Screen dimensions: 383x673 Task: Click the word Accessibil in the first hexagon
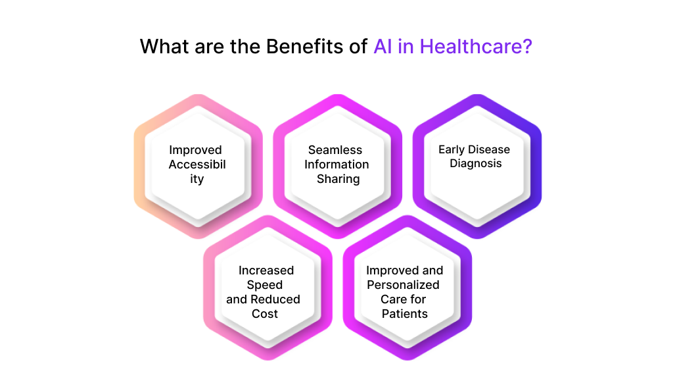(197, 165)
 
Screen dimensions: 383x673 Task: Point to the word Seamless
(335, 150)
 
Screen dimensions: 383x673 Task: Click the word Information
(336, 165)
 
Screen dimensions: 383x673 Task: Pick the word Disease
(490, 149)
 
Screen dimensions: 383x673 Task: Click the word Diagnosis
(475, 164)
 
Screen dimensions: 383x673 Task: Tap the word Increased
(266, 270)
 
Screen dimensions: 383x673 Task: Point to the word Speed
(265, 285)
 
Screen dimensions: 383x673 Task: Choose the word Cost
(265, 314)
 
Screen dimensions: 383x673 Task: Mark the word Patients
(405, 314)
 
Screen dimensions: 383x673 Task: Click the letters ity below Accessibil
(197, 179)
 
